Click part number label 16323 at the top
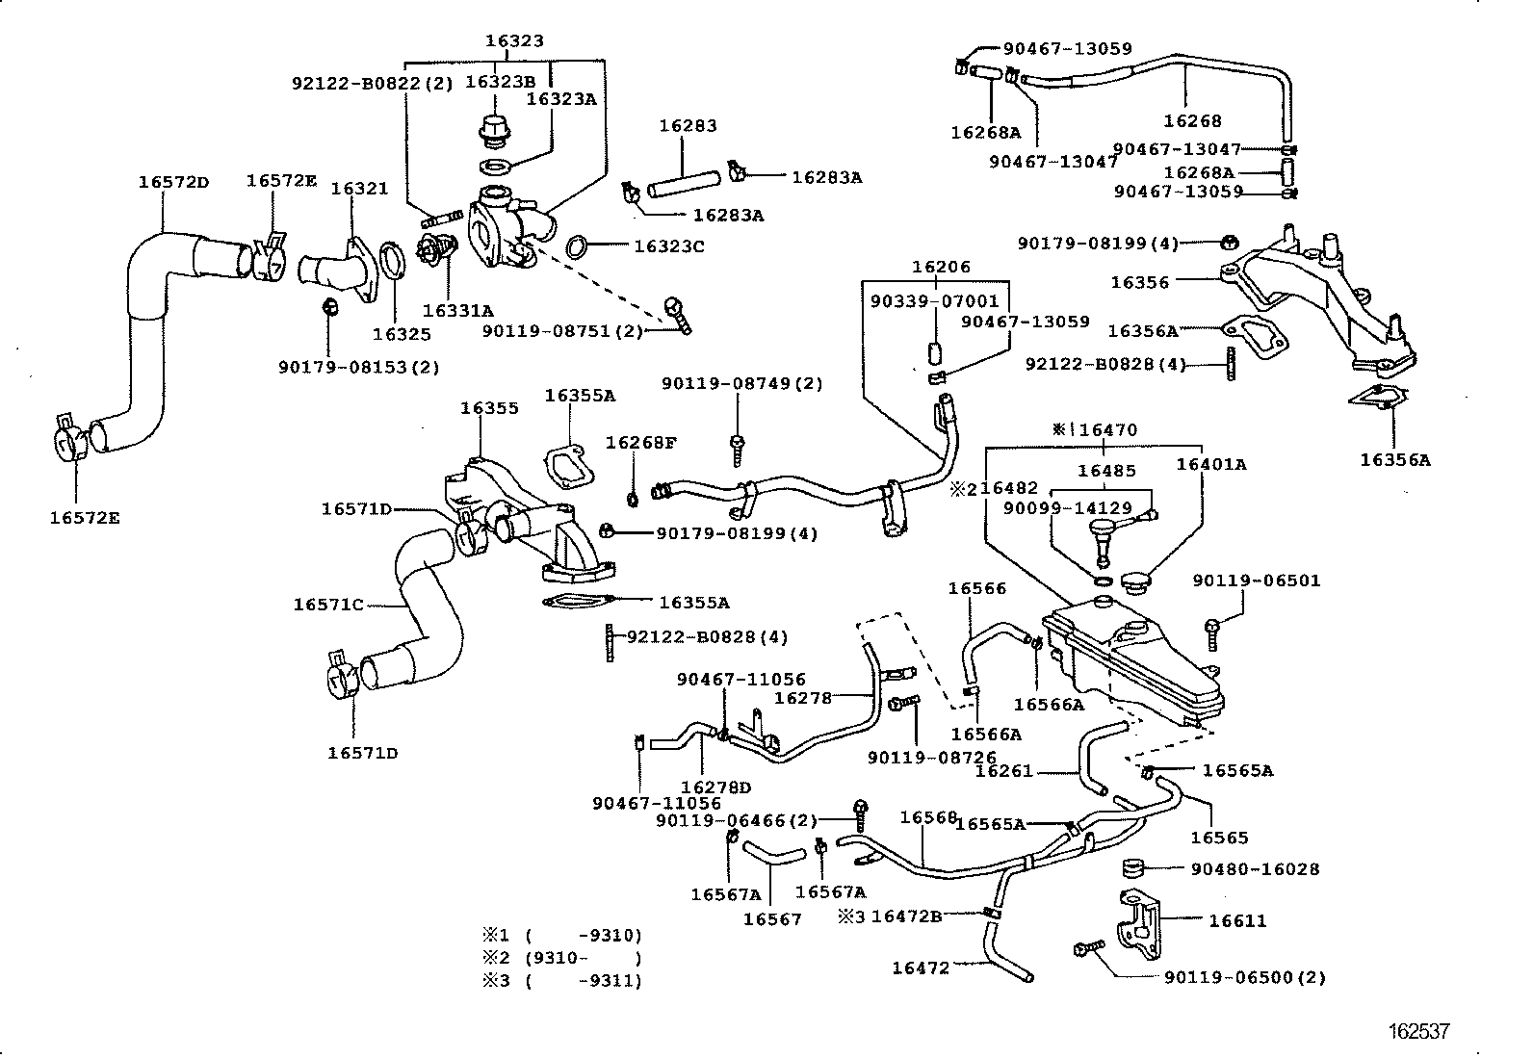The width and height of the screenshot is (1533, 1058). pyautogui.click(x=514, y=40)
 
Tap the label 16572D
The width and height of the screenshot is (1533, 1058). pyautogui.click(x=173, y=181)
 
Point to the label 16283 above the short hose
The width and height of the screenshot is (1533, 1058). pyautogui.click(x=688, y=126)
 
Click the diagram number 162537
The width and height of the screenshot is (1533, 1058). pyautogui.click(x=1418, y=1032)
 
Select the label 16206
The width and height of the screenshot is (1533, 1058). pyautogui.click(x=942, y=267)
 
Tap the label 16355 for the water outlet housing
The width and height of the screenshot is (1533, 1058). pyautogui.click(x=489, y=408)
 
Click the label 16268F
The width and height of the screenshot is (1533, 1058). pyautogui.click(x=640, y=443)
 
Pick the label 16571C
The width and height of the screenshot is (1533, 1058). pyautogui.click(x=328, y=605)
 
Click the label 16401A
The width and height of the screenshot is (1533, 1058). pyautogui.click(x=1211, y=464)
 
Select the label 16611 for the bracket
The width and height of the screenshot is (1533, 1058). pyautogui.click(x=1237, y=920)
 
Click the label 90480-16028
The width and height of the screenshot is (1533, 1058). pyautogui.click(x=1255, y=868)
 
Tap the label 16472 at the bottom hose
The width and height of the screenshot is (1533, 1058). pyautogui.click(x=921, y=968)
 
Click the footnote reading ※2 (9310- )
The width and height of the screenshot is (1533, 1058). pyautogui.click(x=562, y=958)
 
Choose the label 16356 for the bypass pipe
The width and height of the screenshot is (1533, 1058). pyautogui.click(x=1139, y=282)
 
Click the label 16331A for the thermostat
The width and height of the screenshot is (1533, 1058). pyautogui.click(x=457, y=310)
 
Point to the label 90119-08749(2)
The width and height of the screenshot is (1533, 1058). pyautogui.click(x=741, y=383)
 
